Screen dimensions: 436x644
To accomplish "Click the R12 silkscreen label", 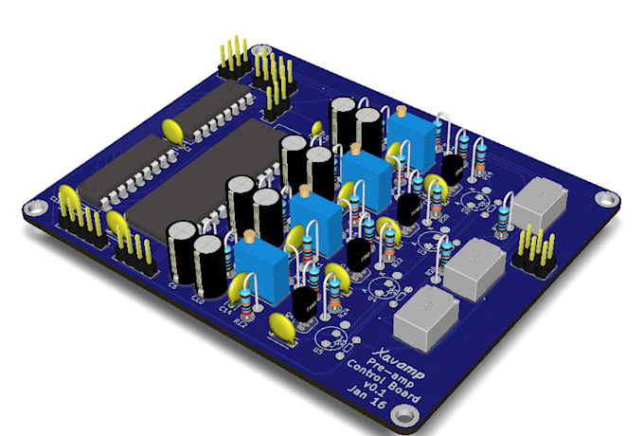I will coord(241,324).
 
